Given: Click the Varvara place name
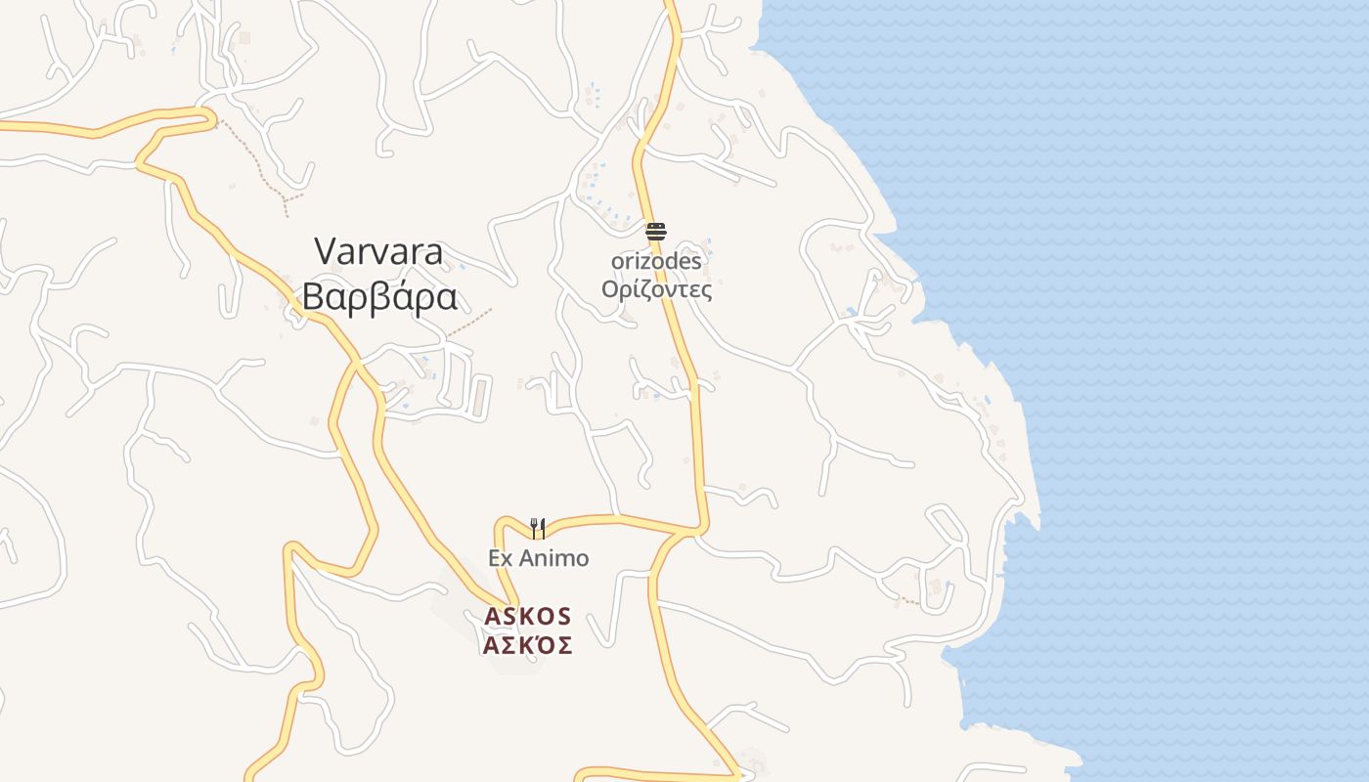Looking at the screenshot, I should tap(378, 252).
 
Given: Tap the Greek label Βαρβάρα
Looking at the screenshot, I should tap(379, 296).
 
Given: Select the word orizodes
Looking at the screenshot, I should tap(656, 262).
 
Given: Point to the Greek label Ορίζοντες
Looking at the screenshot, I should tap(656, 290).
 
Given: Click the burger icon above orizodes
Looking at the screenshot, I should tap(656, 232).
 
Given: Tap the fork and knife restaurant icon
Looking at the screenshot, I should tap(537, 529).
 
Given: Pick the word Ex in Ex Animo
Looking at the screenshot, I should tap(501, 558).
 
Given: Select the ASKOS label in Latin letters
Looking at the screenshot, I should tap(527, 617).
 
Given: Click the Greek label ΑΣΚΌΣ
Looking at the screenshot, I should tap(527, 645).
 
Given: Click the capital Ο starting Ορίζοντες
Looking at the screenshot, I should tap(611, 290).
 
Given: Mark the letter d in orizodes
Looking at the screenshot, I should tap(669, 262).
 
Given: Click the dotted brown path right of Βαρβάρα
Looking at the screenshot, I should tap(470, 324).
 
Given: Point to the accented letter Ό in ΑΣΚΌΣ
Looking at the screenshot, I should tap(544, 645).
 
